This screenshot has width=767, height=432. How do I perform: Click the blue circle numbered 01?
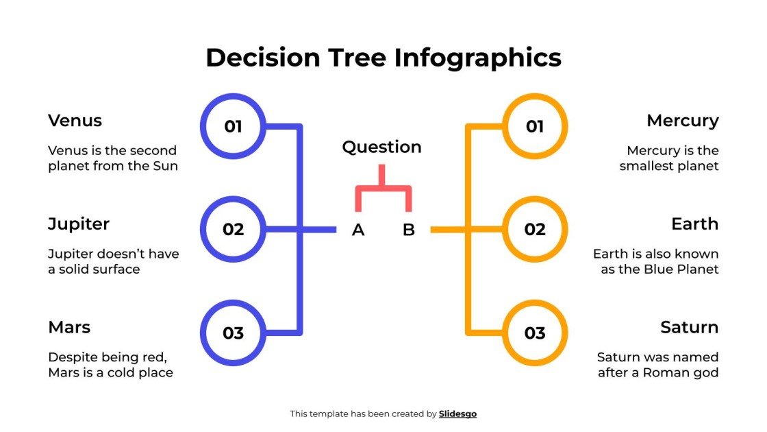[x=233, y=126]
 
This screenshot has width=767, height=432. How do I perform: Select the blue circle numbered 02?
[x=233, y=229]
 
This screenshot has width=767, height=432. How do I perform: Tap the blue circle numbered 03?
[x=233, y=333]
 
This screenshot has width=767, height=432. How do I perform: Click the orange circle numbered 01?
[x=535, y=126]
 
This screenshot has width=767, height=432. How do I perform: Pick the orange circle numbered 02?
[x=535, y=229]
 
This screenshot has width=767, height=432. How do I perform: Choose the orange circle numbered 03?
[x=535, y=333]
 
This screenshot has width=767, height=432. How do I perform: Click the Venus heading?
[x=75, y=121]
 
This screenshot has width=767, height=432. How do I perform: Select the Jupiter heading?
[x=79, y=224]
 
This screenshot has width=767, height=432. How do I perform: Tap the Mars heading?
[x=69, y=327]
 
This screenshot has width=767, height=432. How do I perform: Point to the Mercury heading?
[x=682, y=121]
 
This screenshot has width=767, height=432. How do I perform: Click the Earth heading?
[x=694, y=224]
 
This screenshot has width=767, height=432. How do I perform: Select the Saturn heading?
[x=689, y=327]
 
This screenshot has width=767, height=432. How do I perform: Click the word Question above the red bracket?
[x=381, y=147]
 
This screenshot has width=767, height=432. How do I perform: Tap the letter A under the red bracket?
[x=358, y=230]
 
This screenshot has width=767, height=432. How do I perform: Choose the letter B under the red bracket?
[x=409, y=230]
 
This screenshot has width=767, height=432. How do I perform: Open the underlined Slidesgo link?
[x=457, y=413]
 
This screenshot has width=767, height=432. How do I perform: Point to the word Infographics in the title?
[x=477, y=57]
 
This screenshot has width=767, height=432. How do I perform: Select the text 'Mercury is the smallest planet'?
[x=669, y=158]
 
